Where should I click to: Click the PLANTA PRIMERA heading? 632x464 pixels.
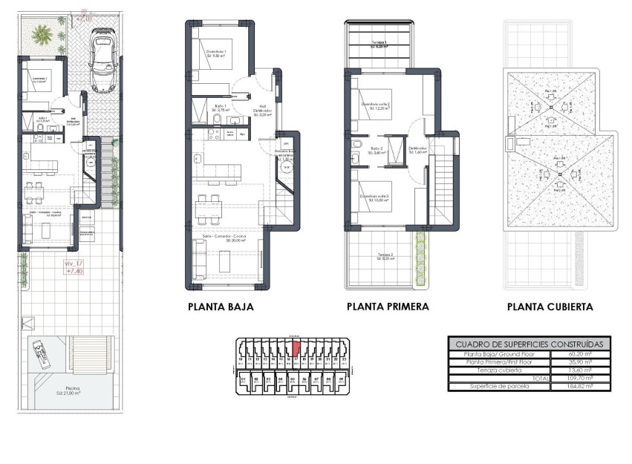[387, 307]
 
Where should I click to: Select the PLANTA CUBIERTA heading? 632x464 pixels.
[550, 307]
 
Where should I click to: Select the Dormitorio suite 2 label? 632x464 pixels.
[376, 105]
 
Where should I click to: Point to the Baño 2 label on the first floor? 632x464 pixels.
[377, 148]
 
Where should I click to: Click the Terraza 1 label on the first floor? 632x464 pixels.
[379, 43]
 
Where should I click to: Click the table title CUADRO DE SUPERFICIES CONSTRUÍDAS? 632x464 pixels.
[530, 344]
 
